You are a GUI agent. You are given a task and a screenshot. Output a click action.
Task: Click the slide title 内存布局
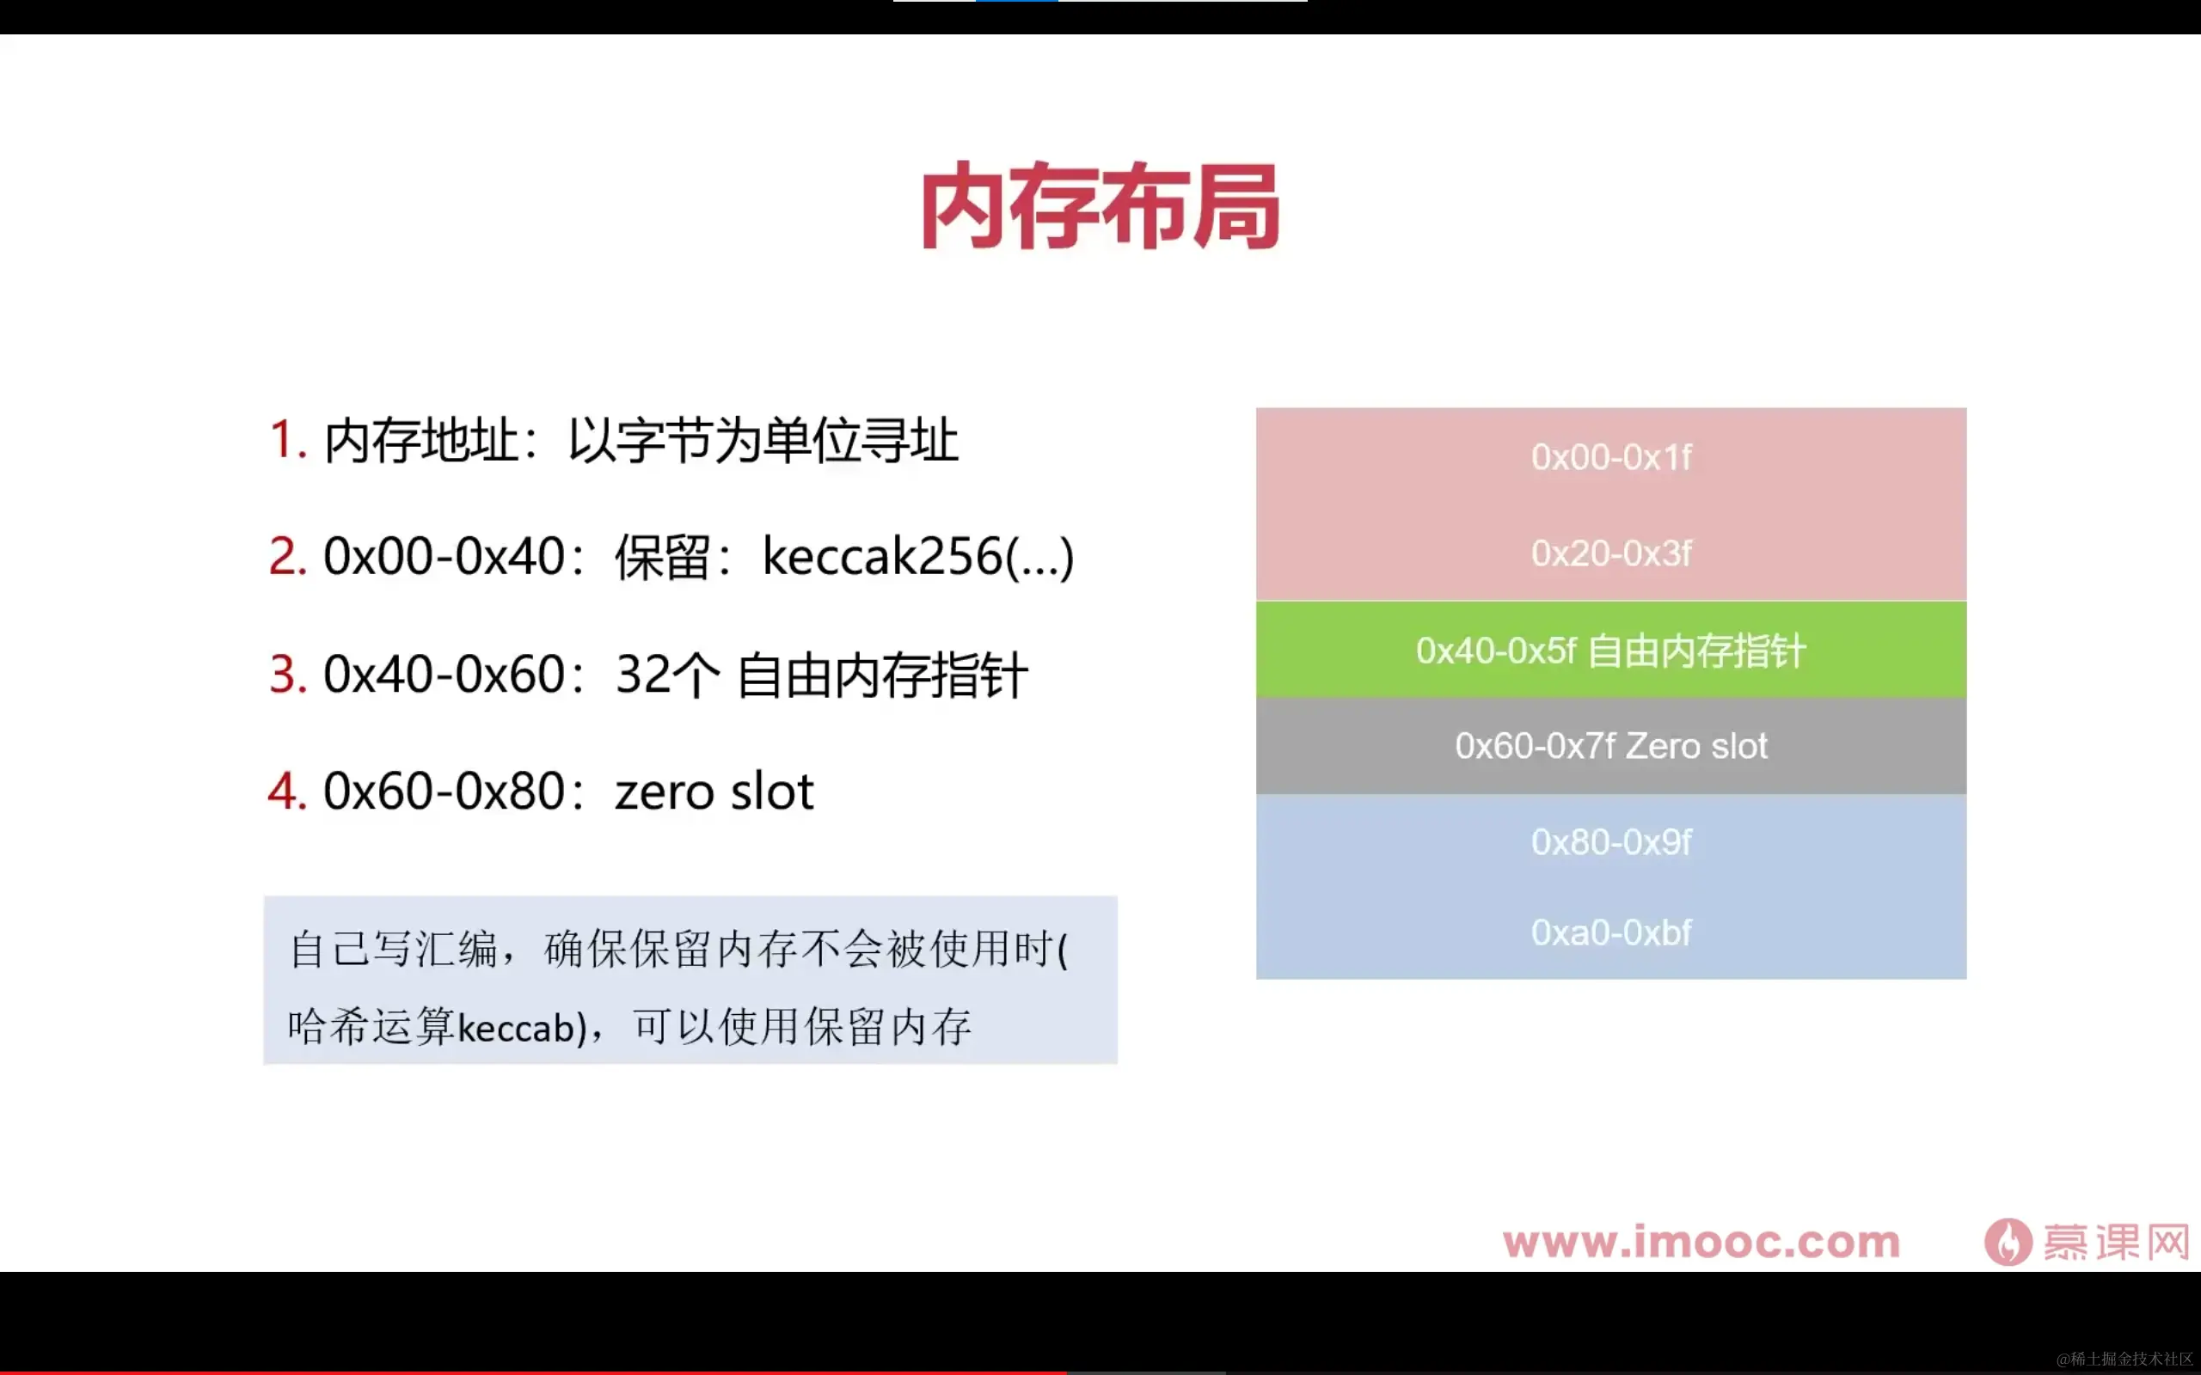pos(1100,207)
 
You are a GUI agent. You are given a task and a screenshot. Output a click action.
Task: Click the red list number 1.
pos(285,440)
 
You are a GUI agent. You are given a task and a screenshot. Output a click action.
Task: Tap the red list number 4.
pos(286,791)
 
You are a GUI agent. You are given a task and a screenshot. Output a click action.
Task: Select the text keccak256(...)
pos(917,557)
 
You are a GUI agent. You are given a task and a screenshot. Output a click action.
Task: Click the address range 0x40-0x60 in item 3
pos(444,675)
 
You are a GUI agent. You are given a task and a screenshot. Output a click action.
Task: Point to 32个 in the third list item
pos(666,675)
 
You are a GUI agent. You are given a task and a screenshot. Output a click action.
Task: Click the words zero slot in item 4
pos(714,791)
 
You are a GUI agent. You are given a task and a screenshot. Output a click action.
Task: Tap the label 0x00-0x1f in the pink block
pos(1610,457)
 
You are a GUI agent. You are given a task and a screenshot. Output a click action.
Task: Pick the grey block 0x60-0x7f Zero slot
pos(1610,747)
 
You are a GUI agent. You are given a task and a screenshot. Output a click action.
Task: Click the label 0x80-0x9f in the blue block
pos(1610,843)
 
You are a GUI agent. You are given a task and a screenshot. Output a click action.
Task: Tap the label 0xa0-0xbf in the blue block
pos(1610,933)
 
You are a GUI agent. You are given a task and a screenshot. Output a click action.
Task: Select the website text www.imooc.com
pos(1701,1243)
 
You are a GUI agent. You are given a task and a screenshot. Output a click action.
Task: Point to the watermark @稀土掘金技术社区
pos(2124,1359)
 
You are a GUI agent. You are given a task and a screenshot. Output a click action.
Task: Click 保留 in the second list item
pos(661,557)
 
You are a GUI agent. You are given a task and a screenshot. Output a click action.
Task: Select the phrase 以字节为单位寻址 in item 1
pos(762,440)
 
